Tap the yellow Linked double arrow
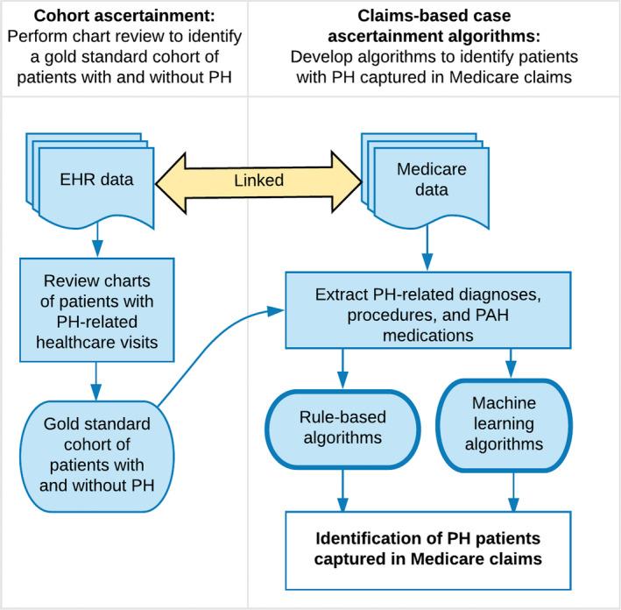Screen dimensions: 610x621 (x=259, y=181)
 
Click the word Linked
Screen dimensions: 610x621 (x=259, y=181)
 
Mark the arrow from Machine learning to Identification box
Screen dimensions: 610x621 (x=513, y=495)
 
